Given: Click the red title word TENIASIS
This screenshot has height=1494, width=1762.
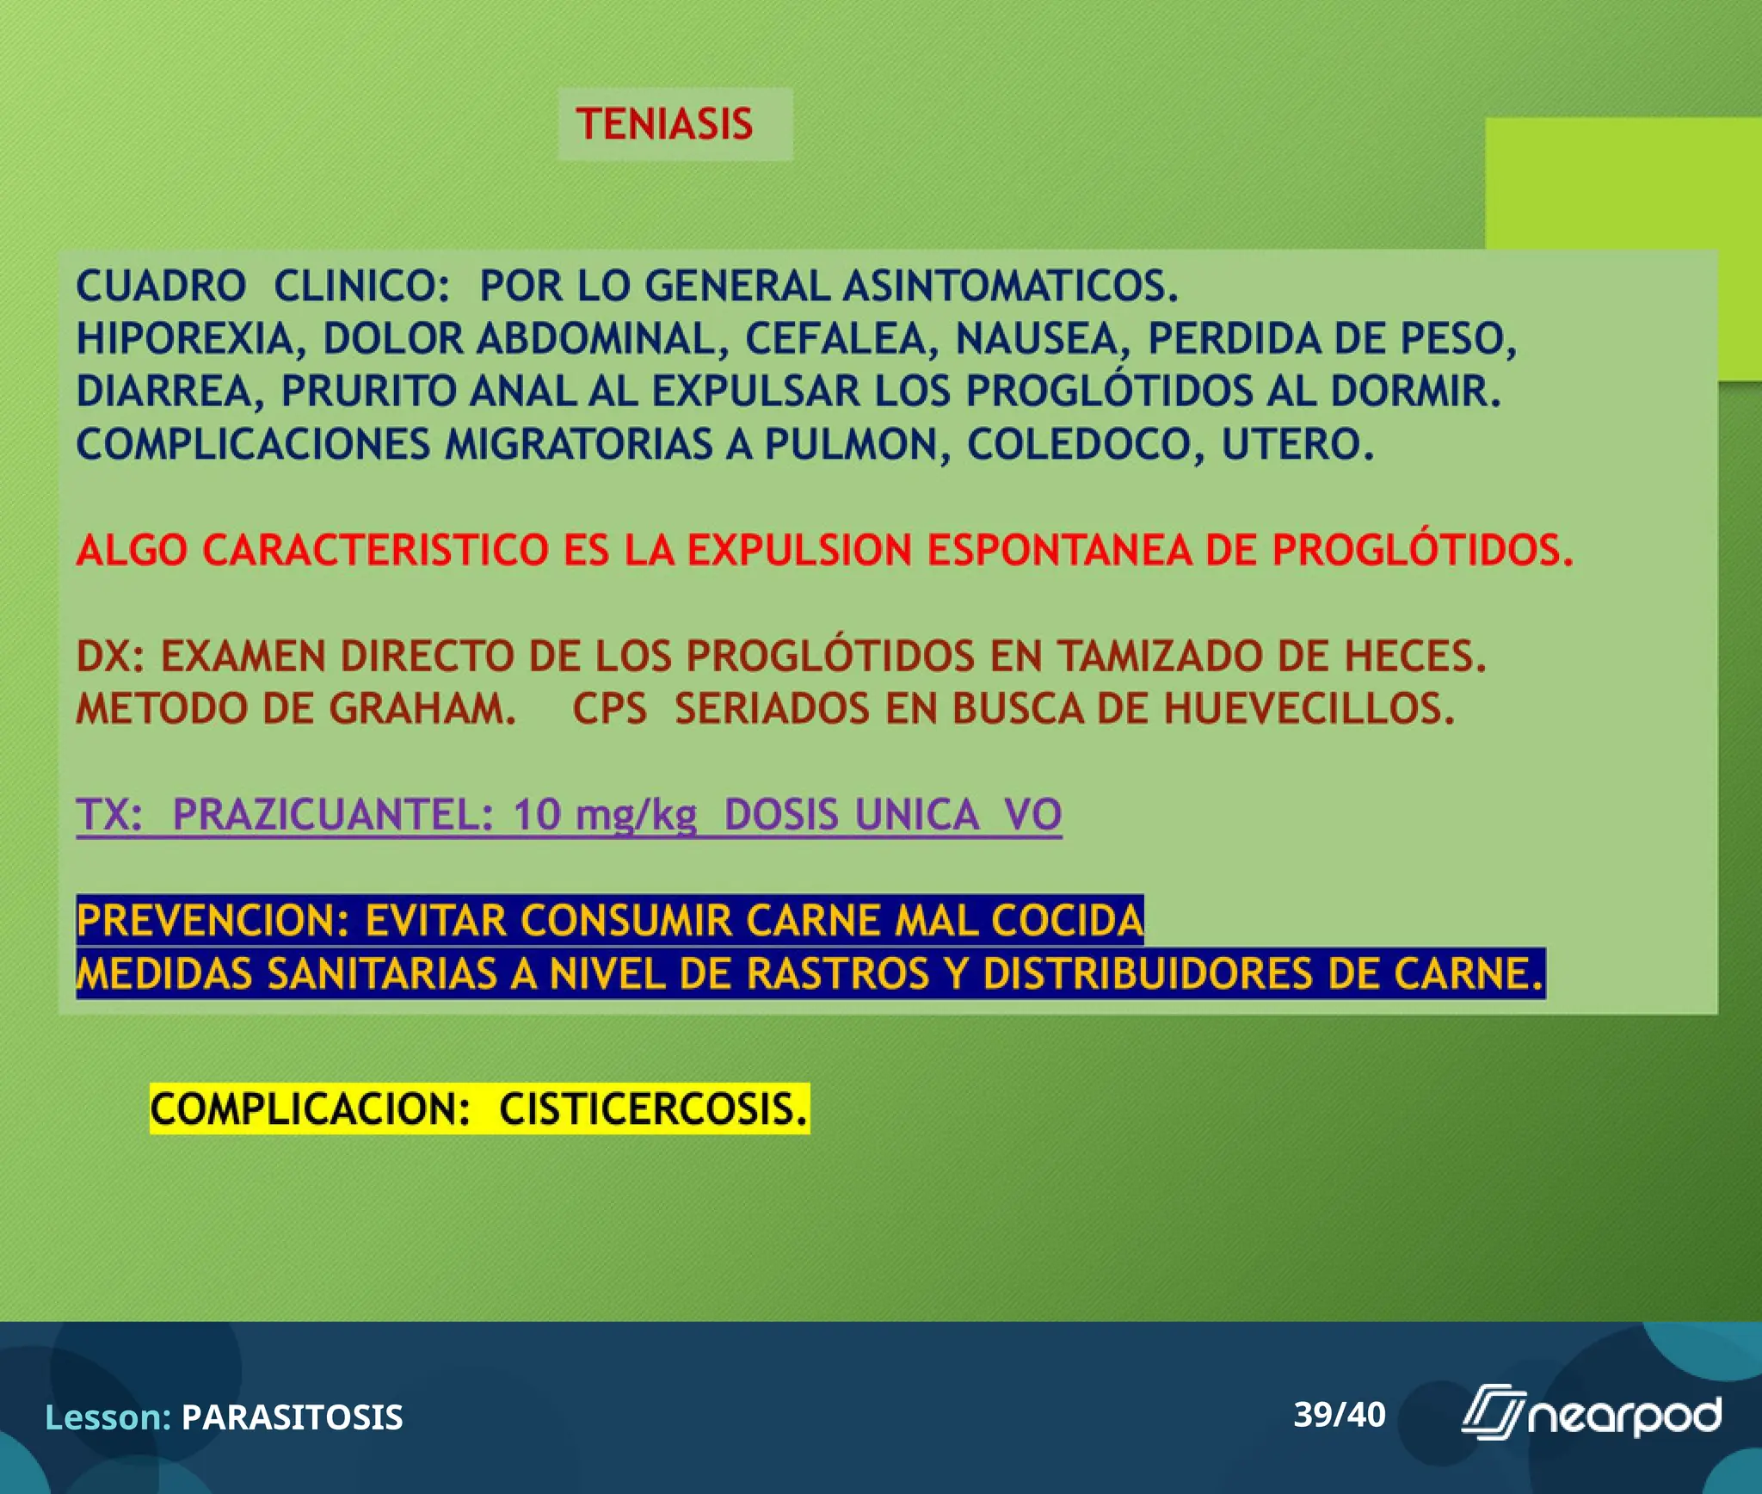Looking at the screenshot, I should click(664, 124).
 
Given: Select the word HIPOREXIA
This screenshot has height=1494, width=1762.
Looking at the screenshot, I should click(185, 338).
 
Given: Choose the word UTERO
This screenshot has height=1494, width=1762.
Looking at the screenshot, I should click(1297, 445).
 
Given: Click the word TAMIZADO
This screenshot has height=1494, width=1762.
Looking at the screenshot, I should click(1161, 657).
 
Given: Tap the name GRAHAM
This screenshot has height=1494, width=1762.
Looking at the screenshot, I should click(422, 709).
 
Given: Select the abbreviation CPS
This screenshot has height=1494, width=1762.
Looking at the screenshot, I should click(609, 709).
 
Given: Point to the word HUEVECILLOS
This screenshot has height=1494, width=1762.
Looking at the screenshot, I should click(1309, 709).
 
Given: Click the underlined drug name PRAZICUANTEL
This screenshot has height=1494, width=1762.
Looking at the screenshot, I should click(332, 815).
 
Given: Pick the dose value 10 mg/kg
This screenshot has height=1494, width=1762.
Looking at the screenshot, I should click(605, 815).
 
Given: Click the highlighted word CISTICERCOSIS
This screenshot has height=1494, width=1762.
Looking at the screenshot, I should click(653, 1109).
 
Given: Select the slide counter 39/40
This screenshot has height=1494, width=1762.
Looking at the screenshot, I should click(1340, 1415).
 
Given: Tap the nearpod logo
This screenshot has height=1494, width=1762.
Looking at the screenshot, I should click(1591, 1415).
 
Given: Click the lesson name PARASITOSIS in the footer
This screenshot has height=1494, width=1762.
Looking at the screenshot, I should click(292, 1417).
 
